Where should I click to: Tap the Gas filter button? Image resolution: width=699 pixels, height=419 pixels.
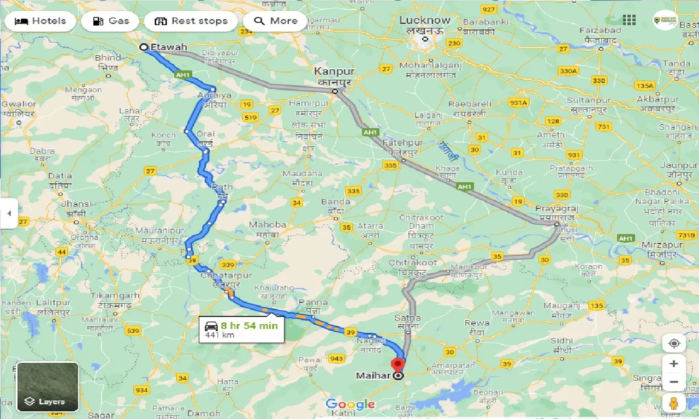coord(111,21)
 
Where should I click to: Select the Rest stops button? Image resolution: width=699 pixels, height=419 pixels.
coord(191,21)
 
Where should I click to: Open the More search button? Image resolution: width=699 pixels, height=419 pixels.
coord(276,21)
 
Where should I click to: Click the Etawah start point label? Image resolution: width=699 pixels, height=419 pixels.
coord(168,47)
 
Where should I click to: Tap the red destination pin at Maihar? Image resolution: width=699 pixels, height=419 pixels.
coord(399,364)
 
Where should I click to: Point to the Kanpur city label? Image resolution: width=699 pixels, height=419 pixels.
coord(334,72)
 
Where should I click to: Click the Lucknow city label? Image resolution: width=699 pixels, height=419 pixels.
coord(425,21)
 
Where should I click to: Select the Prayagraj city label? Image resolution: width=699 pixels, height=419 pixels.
coord(556,209)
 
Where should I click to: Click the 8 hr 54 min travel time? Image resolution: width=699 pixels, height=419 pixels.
coord(249,326)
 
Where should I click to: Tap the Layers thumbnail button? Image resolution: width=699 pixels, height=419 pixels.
coord(48,386)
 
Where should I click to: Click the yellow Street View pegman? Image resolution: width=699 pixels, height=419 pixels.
coord(674,403)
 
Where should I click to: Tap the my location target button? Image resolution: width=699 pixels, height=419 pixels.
coord(674,343)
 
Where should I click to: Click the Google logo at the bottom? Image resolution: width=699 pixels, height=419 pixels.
coord(350,404)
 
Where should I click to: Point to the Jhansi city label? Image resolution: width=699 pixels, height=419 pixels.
coord(76,204)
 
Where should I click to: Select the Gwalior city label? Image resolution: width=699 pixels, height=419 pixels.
coord(19,104)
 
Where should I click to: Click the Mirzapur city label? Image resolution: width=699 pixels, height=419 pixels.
coord(662,245)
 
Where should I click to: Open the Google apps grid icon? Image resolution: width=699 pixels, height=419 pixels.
coord(629,20)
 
